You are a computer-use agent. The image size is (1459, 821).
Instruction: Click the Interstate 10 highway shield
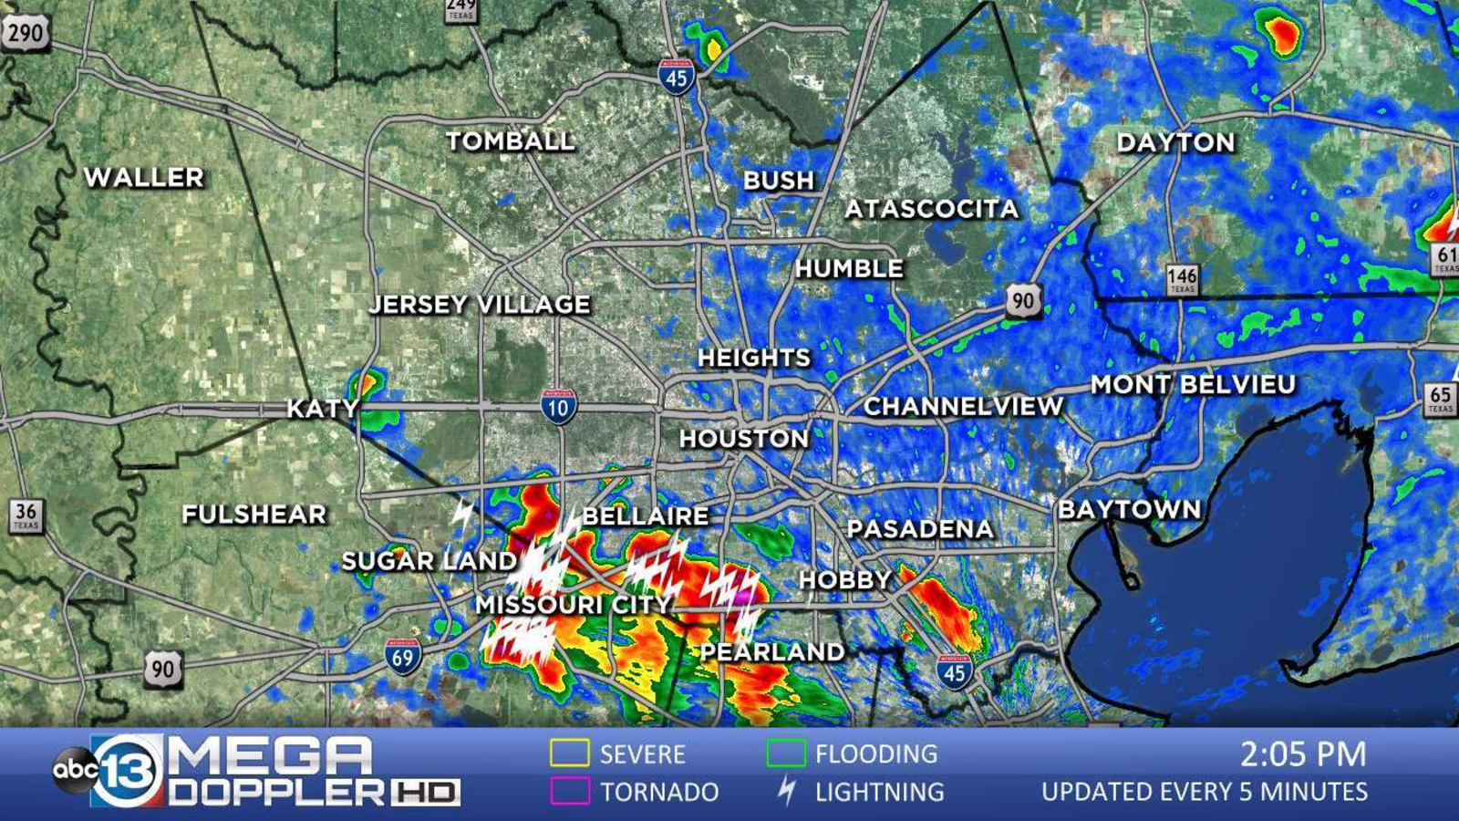[x=558, y=407]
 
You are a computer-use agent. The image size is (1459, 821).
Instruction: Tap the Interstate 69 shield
[x=402, y=656]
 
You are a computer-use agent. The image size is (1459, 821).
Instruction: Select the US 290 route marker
[x=25, y=34]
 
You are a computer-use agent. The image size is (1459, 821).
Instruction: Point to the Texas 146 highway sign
[x=1182, y=278]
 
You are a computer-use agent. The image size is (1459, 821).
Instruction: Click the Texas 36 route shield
[x=26, y=515]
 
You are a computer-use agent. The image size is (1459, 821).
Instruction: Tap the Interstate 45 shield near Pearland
[x=954, y=672]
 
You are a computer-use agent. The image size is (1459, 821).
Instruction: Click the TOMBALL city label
[x=511, y=141]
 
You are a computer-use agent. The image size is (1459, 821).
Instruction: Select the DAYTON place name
[x=1175, y=142]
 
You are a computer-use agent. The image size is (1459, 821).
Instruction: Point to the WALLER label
[x=144, y=177]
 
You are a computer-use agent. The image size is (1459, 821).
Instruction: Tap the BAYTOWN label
[x=1129, y=509]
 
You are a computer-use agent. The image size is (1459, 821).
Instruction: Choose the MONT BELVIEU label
[x=1193, y=384]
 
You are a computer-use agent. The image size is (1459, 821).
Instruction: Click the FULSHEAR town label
[x=254, y=514]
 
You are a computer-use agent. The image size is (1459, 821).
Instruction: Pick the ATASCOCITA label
[x=931, y=209]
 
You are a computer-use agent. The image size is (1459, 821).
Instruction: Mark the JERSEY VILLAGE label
[x=480, y=304]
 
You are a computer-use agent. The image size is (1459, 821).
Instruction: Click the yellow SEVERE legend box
[x=569, y=753]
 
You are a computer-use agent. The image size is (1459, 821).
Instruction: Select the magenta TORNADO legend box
[x=569, y=791]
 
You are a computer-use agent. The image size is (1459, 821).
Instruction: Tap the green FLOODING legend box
[x=785, y=753]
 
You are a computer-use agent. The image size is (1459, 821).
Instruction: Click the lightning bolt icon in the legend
[x=786, y=791]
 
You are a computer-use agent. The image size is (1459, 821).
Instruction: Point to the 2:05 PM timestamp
[x=1303, y=753]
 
